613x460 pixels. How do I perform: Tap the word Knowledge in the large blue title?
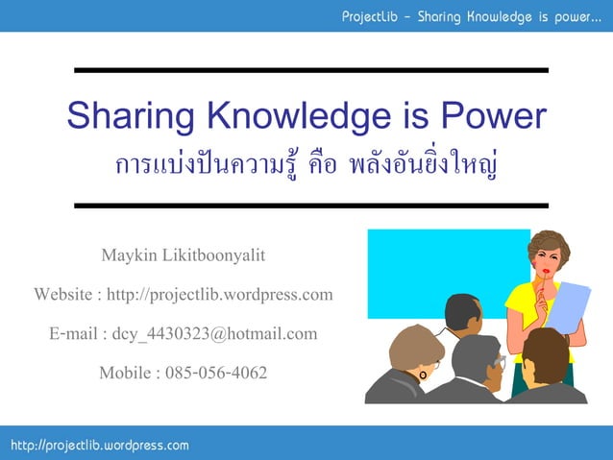[x=283, y=117]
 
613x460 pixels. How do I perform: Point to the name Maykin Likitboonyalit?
[x=183, y=255]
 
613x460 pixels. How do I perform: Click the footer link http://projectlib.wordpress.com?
[x=100, y=445]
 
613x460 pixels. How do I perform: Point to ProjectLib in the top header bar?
[x=376, y=16]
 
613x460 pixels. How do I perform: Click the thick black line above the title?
[x=310, y=70]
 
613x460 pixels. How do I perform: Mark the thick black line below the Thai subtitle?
[x=310, y=206]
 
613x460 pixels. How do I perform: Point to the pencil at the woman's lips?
[x=544, y=284]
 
